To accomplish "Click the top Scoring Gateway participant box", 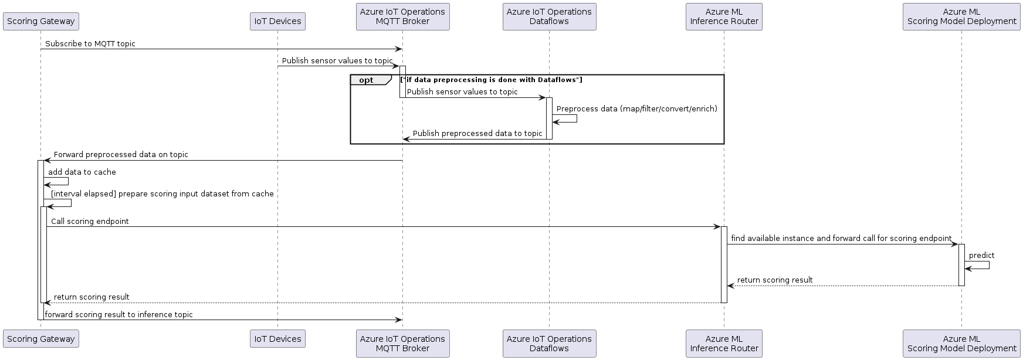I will tap(40, 21).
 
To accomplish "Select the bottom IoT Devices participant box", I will tap(277, 339).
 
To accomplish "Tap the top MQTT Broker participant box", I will tap(402, 16).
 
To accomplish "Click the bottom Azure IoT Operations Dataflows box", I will tap(549, 344).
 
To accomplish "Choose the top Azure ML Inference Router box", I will tap(724, 16).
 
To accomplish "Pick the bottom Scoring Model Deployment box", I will tap(961, 344).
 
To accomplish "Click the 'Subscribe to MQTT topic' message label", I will tap(90, 44).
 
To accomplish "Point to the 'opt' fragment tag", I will tap(367, 80).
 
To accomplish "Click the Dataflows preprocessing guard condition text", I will tap(491, 80).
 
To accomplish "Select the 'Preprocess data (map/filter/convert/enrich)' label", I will tap(636, 109).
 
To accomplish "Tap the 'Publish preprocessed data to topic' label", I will tap(477, 134).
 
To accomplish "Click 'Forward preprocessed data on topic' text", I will tap(121, 155).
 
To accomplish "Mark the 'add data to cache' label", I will tap(82, 172).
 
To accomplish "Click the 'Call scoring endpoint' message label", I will tap(90, 222).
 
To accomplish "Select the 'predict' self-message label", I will tap(981, 256).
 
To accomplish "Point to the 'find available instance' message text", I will tap(841, 239).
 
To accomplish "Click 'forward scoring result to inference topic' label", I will tap(118, 315).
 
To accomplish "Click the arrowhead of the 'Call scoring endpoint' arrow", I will tap(717, 227).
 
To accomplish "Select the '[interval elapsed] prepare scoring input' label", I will tap(162, 194).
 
